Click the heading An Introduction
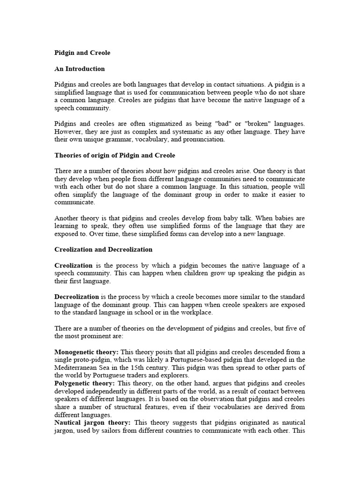(80, 69)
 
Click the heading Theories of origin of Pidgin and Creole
(115, 155)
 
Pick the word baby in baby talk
(242, 218)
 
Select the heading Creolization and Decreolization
(104, 249)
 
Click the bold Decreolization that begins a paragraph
(77, 297)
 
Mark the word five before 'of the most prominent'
(291, 328)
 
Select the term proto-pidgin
(89, 360)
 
